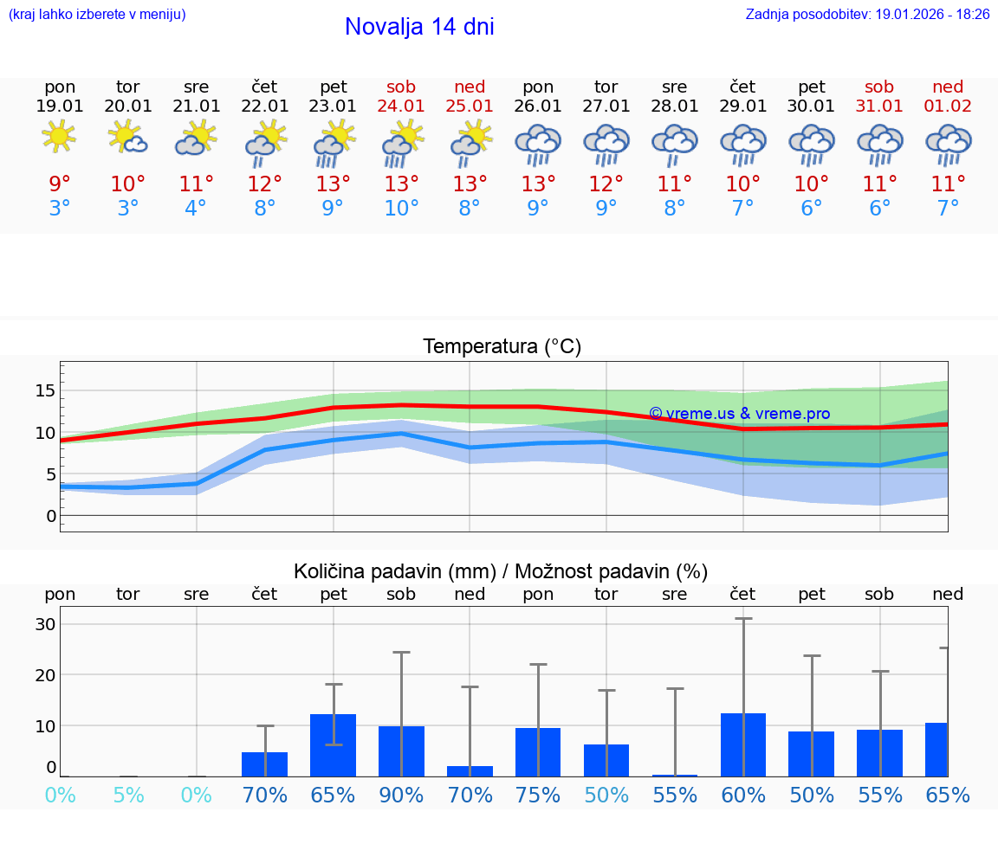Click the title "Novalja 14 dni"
[x=419, y=27]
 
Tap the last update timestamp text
[x=867, y=15]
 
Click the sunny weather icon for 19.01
[x=59, y=137]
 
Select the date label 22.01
[x=264, y=106]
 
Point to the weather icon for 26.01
[x=538, y=145]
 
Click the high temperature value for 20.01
[x=128, y=184]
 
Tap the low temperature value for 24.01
[x=401, y=209]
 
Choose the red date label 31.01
[x=879, y=106]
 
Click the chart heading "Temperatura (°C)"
[x=502, y=347]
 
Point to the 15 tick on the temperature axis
[x=44, y=390]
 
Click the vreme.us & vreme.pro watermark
[x=740, y=414]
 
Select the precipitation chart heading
[x=501, y=571]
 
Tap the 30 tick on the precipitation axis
[x=45, y=624]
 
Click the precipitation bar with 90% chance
[x=401, y=751]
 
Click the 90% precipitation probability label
[x=401, y=795]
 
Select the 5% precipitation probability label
[x=128, y=795]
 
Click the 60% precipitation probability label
[x=742, y=795]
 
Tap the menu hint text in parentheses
[x=97, y=15]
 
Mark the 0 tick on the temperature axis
[x=50, y=516]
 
